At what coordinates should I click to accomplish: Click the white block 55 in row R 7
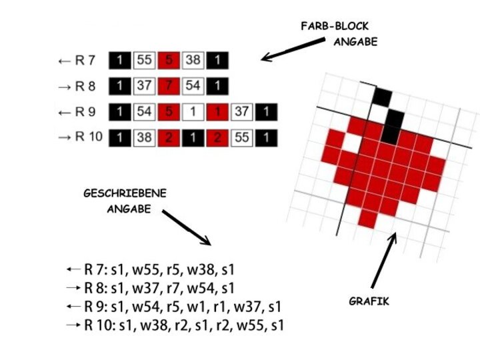point(144,61)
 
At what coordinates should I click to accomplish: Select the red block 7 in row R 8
point(169,86)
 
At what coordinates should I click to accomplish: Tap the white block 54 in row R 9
point(144,112)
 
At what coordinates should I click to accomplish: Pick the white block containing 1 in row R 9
point(193,112)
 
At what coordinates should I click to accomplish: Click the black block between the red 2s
point(193,138)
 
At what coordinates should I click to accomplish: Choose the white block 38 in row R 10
point(144,138)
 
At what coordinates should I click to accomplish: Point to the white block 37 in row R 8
point(144,86)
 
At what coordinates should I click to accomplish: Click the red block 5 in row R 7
point(169,61)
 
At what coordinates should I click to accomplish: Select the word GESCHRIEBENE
point(125,193)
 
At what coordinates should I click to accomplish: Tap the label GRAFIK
point(369,301)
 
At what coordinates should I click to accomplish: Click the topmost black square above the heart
point(381,96)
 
